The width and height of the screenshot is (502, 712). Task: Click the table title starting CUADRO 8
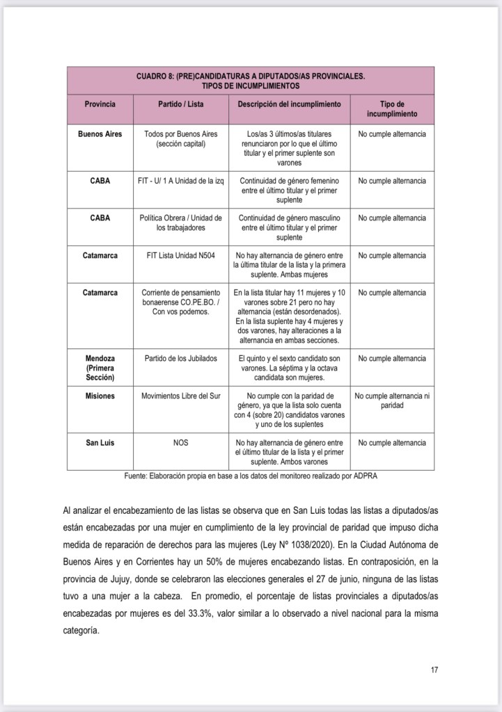[x=250, y=81]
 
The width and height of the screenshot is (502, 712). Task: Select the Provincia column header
[x=100, y=104]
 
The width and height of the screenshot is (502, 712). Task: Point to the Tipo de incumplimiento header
[x=392, y=108]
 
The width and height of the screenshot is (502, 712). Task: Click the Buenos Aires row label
[x=100, y=133]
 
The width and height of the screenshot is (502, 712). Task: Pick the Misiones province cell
[x=100, y=396]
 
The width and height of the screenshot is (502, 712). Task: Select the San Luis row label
[x=100, y=443]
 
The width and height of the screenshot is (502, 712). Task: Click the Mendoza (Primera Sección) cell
[x=100, y=368]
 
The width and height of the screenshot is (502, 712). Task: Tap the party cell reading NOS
[x=180, y=443]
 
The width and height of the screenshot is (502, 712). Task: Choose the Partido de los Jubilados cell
[x=180, y=359]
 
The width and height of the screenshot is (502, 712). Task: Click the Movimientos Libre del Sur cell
[x=180, y=396]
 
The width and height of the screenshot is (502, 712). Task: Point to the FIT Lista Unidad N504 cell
[x=180, y=256]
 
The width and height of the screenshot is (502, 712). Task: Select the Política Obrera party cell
[x=180, y=222]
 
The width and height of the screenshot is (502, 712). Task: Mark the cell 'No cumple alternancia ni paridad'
[x=392, y=400]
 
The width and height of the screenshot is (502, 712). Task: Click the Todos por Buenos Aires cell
[x=180, y=138]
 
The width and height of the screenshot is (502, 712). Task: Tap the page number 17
[x=434, y=670]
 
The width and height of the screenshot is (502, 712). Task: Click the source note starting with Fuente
[x=250, y=476]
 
